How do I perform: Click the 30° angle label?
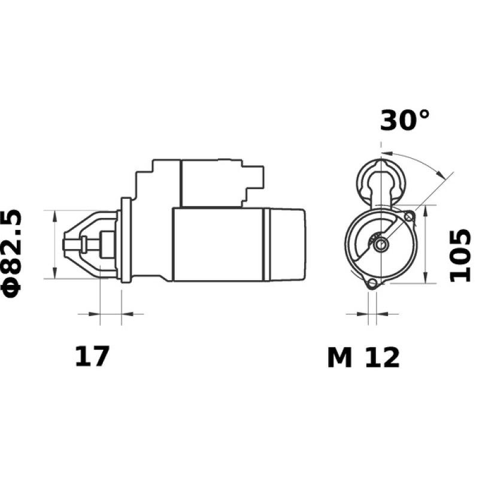(x=405, y=120)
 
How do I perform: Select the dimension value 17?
(x=92, y=357)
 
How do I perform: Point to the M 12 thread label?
(x=363, y=358)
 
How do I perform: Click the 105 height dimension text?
(x=461, y=255)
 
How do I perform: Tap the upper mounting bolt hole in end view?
(x=409, y=216)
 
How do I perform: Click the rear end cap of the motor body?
(x=286, y=244)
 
